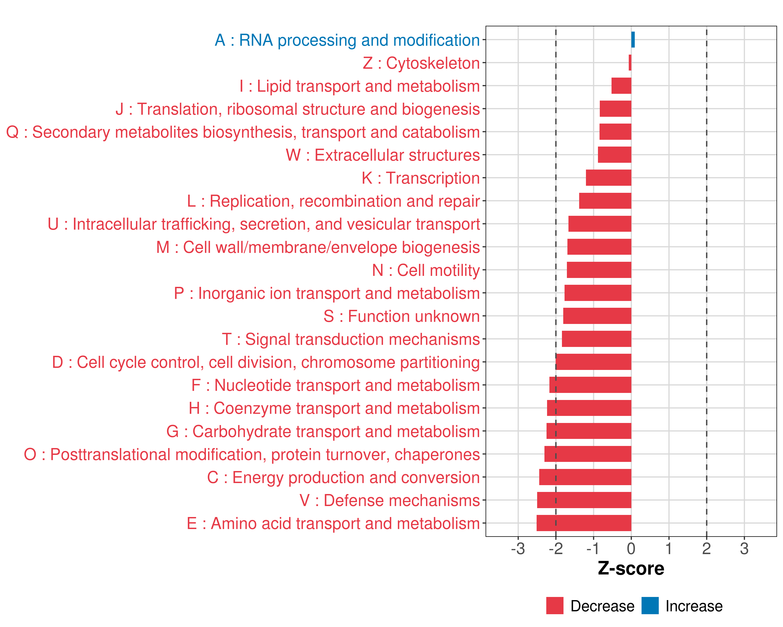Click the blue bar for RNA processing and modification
(x=633, y=40)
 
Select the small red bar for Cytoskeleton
(x=630, y=62)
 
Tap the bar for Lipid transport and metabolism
(x=621, y=86)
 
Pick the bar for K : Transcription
(x=609, y=178)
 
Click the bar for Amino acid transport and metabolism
(x=584, y=523)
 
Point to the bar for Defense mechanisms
(x=584, y=500)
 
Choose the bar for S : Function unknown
(x=597, y=316)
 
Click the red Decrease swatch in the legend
(x=555, y=606)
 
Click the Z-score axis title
(x=631, y=568)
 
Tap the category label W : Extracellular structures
(x=383, y=155)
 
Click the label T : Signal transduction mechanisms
(x=351, y=339)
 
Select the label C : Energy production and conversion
(x=343, y=478)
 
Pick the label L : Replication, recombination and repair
(x=333, y=201)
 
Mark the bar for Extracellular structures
(x=614, y=155)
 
